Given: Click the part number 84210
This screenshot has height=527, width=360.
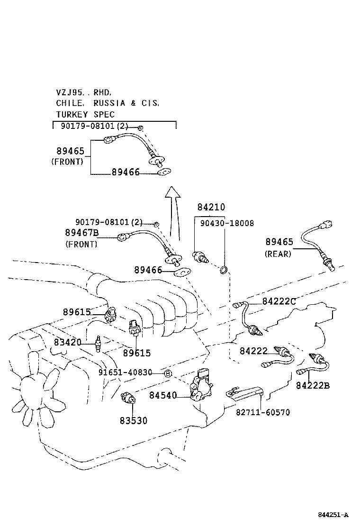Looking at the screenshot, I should click(211, 207).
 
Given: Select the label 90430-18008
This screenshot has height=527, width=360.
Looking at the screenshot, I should click(227, 223).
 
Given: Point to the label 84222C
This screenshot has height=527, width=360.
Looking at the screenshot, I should click(279, 301).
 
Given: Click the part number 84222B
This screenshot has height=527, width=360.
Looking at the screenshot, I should click(313, 385).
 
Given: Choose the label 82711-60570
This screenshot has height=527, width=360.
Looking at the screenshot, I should click(263, 412).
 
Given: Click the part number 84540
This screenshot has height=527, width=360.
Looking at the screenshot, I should click(163, 395).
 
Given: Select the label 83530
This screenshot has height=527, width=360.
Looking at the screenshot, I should click(133, 420).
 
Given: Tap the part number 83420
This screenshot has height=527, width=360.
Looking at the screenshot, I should click(67, 342).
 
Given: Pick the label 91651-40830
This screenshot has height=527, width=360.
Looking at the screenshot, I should click(125, 373).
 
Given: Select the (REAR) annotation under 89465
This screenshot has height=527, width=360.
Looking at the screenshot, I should click(278, 254).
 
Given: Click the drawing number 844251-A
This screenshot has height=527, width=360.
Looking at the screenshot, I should click(333, 515).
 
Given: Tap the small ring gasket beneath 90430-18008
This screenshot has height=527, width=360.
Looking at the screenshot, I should click(224, 270).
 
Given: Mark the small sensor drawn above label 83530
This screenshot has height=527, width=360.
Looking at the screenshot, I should click(129, 397).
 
